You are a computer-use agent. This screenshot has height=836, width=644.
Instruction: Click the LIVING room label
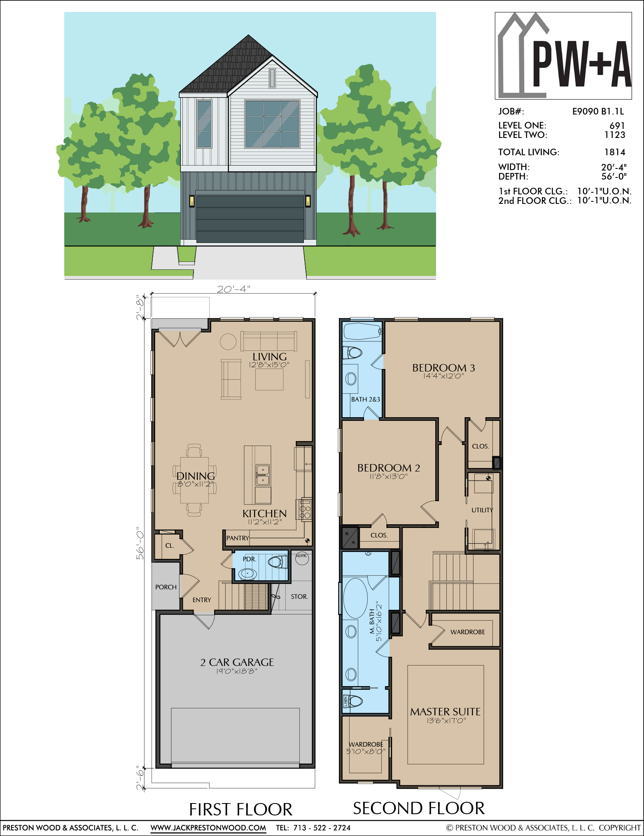point(270,357)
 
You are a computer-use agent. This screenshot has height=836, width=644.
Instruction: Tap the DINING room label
point(196,476)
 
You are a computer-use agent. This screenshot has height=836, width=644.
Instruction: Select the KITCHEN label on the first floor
point(264,514)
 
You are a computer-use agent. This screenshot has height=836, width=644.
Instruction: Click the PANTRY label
point(238,538)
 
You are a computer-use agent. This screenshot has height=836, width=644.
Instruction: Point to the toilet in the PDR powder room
point(278,562)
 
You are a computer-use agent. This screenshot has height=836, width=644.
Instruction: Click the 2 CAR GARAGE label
point(237,662)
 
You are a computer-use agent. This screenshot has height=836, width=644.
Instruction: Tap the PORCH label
point(166,587)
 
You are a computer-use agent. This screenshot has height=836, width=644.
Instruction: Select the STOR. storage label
point(299,596)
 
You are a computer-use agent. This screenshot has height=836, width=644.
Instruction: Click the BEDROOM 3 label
point(443,368)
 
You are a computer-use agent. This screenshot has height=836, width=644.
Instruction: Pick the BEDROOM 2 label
point(389,468)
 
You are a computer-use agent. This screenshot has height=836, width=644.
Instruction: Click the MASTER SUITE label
point(445,712)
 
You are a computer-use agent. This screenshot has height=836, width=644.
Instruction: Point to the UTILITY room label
point(482,510)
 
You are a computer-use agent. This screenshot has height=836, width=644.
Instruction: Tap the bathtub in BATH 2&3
point(362,331)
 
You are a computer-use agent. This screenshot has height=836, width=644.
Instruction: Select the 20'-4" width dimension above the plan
point(233,289)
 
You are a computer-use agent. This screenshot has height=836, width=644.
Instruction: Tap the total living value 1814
point(615,152)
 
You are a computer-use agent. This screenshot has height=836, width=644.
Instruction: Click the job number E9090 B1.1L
point(598,111)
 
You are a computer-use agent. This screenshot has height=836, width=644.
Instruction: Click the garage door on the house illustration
point(250,219)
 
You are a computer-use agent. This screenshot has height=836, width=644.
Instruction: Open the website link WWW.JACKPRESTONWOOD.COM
point(208,827)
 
